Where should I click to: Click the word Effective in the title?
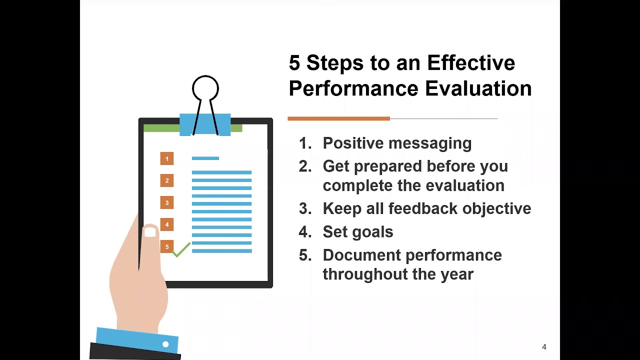[x=470, y=63]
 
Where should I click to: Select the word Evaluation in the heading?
[x=478, y=89]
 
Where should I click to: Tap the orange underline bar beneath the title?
[x=338, y=118]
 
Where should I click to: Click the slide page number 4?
[x=544, y=347]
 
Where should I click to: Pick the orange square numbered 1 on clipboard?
[x=167, y=159]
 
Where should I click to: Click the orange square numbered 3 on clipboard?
[x=167, y=202]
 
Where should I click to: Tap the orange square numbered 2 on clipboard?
[x=167, y=180]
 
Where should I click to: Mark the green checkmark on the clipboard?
[x=181, y=249]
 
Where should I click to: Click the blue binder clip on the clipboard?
[x=205, y=124]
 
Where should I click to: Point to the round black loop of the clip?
[x=205, y=88]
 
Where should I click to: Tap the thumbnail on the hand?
[x=150, y=232]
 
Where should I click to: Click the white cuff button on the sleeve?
[x=165, y=344]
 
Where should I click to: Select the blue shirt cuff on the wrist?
[x=135, y=338]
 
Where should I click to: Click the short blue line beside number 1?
[x=205, y=158]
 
